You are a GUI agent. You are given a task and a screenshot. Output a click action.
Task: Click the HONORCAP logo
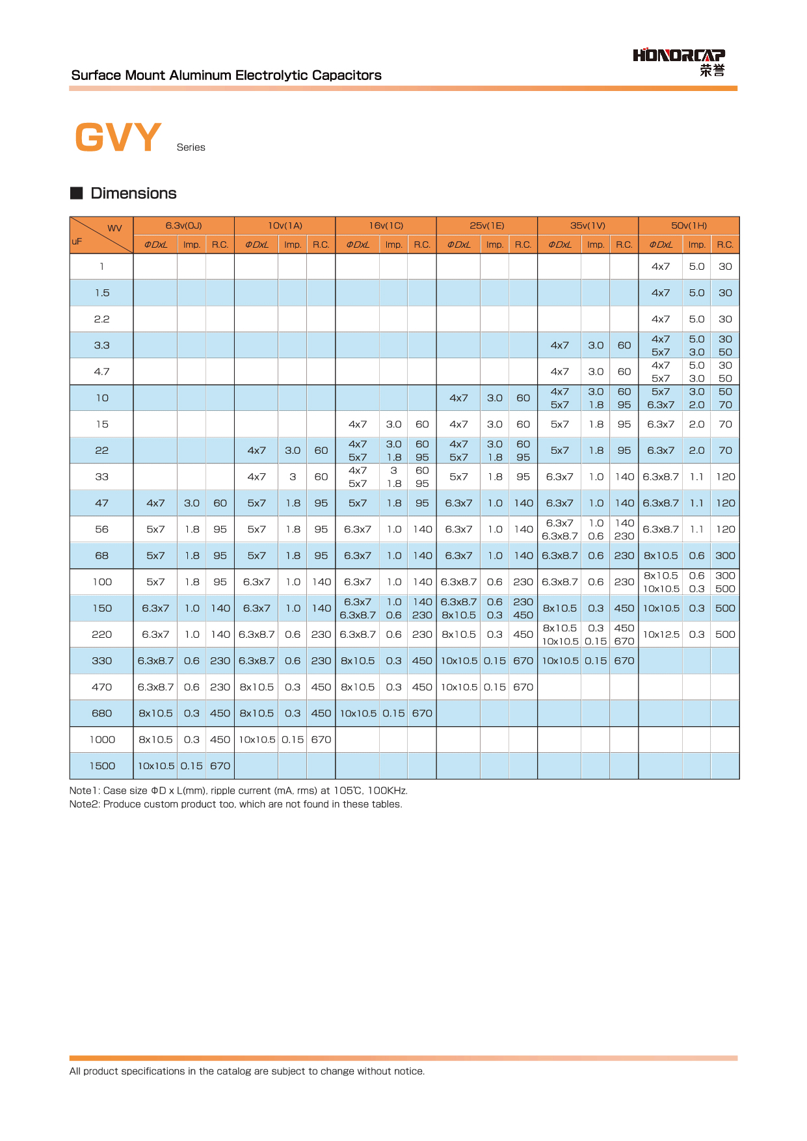coord(679,62)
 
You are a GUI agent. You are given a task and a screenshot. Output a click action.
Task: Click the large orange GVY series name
coord(118,137)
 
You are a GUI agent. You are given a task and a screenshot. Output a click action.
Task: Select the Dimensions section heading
coord(133,193)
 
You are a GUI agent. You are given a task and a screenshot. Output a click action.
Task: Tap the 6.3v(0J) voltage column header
coord(183,226)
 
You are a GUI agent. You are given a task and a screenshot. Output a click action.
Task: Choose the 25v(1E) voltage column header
coord(486,226)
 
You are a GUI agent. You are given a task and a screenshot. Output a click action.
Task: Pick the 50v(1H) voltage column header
coord(689,226)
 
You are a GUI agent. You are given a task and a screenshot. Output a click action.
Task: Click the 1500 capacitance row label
coord(102,766)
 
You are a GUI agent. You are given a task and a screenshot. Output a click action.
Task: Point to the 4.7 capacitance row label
coord(102,372)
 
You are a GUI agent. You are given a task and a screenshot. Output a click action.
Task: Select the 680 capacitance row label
coord(102,713)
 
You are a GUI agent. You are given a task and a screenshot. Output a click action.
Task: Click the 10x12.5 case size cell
coord(661,635)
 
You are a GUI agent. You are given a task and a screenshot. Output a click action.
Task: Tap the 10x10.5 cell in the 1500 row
coord(156,766)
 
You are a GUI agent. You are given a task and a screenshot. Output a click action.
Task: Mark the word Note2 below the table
coord(84,804)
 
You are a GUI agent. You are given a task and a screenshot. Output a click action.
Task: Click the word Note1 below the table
coord(84,791)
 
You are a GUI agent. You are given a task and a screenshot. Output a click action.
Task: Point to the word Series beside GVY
coord(191,148)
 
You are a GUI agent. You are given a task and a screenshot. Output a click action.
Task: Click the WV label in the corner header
coord(114,228)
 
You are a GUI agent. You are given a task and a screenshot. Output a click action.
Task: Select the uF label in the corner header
coord(77,241)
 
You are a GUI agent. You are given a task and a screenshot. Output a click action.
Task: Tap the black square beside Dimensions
coord(77,193)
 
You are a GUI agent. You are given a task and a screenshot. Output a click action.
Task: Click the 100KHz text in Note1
coord(387,791)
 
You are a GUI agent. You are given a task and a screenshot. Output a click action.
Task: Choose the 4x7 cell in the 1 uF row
coord(661,267)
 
